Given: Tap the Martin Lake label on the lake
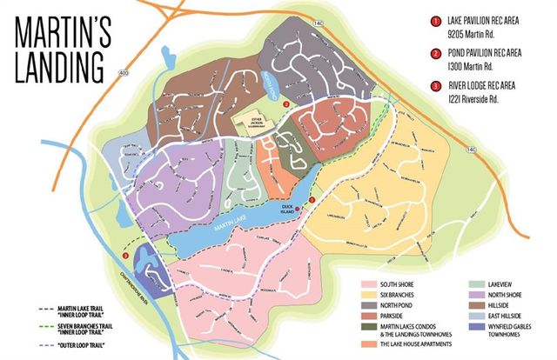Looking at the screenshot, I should point(228,228).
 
